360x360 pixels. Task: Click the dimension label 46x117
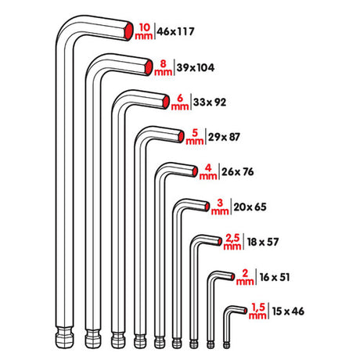[176, 32]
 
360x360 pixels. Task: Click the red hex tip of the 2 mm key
[228, 275]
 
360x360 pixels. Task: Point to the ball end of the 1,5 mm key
[226, 344]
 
